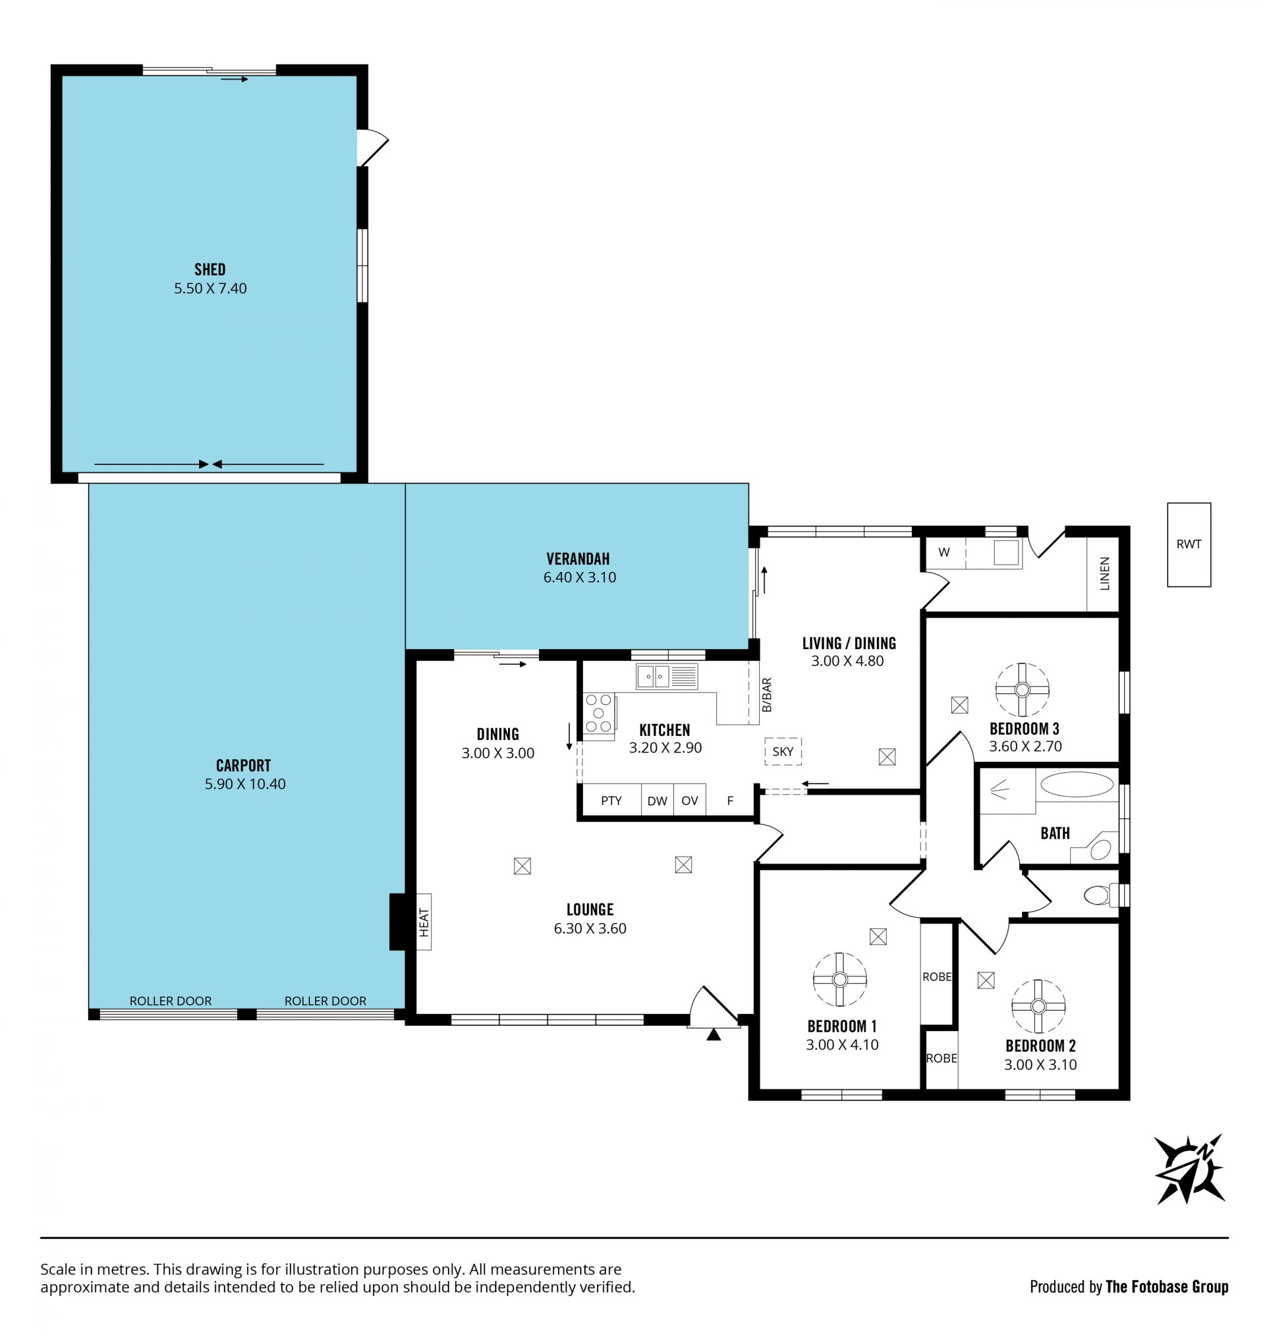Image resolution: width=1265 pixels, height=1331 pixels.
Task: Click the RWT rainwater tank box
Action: [x=1189, y=544]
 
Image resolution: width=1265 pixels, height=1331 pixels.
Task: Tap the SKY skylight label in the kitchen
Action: [x=783, y=751]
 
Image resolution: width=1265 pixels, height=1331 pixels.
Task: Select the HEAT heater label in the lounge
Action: [x=424, y=922]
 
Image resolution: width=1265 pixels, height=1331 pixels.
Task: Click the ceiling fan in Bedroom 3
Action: [x=1023, y=689]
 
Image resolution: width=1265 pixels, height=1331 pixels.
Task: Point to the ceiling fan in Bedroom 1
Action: [x=839, y=980]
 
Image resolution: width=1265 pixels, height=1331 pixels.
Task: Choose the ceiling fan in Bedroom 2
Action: [x=1038, y=1006]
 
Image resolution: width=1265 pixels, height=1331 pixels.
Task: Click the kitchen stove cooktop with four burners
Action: [x=599, y=714]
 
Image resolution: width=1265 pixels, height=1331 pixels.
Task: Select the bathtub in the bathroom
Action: [x=1077, y=785]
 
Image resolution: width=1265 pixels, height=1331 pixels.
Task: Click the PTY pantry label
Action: [x=611, y=801]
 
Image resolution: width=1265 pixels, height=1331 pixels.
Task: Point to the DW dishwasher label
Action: [x=658, y=801]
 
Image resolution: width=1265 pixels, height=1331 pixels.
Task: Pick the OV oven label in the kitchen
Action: [x=690, y=801]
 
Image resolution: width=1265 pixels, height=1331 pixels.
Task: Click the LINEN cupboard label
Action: [x=1104, y=573]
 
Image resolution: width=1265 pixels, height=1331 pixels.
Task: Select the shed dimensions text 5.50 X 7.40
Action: [x=210, y=289]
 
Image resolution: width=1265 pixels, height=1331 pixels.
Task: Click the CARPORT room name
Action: [x=243, y=765]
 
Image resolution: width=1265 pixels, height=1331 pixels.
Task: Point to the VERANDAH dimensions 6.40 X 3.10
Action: [x=580, y=577]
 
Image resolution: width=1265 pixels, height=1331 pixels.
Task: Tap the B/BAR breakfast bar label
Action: [x=767, y=695]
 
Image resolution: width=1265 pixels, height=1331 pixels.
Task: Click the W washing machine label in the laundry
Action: [x=944, y=552]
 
